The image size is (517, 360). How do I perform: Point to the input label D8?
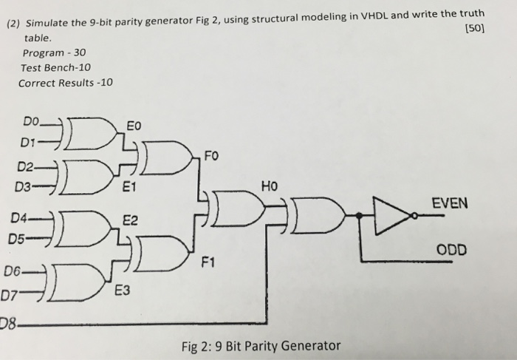pyautogui.click(x=10, y=322)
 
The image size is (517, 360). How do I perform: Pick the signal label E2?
pyautogui.click(x=130, y=220)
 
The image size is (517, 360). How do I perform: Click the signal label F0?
pyautogui.click(x=211, y=157)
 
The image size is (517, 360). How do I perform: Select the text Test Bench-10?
pyautogui.click(x=56, y=67)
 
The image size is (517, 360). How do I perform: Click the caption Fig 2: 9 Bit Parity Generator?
pyautogui.click(x=261, y=345)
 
